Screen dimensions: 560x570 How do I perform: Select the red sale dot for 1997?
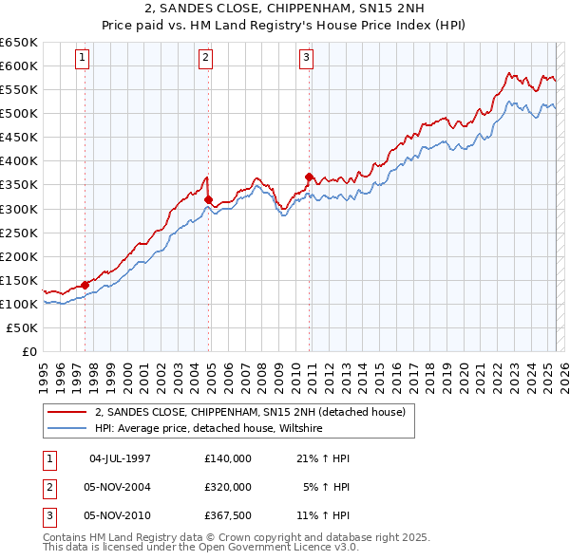pos(85,284)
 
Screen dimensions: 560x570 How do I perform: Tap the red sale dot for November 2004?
pos(209,198)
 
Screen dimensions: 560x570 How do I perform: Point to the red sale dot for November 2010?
pos(310,177)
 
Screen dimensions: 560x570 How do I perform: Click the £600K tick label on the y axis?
pos(19,65)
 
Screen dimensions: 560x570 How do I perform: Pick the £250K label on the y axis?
pos(19,233)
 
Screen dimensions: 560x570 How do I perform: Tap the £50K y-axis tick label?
pos(23,327)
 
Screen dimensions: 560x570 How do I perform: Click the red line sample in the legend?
pos(66,412)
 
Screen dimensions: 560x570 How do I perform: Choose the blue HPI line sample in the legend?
pos(66,428)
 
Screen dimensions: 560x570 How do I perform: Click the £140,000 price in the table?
pos(228,458)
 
